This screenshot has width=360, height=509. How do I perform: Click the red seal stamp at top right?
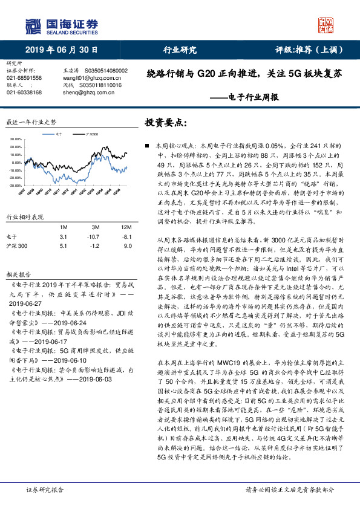[x=327, y=25]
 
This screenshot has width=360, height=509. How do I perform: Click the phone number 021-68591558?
[x=24, y=78]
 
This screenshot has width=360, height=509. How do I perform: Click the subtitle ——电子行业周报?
[x=244, y=97]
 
